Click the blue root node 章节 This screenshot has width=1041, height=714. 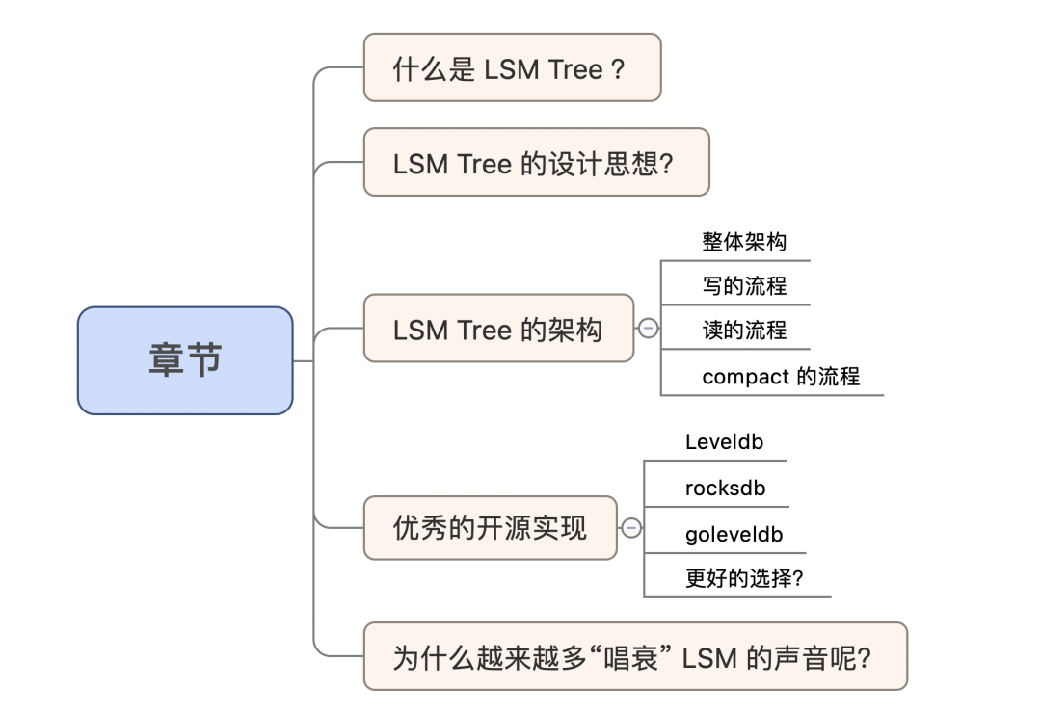(x=185, y=360)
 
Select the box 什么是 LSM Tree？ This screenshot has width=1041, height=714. (x=512, y=67)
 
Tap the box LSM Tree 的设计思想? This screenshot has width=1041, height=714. (x=536, y=162)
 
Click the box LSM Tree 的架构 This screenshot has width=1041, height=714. (x=498, y=329)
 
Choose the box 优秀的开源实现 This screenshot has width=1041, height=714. (x=490, y=527)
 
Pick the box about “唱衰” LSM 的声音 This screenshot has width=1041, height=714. (x=634, y=657)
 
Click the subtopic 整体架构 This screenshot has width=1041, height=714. (x=744, y=241)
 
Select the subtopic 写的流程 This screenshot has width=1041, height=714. (x=744, y=285)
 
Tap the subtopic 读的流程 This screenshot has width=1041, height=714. (x=744, y=330)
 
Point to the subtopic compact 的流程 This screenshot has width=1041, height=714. (x=780, y=376)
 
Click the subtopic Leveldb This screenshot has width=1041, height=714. (x=723, y=442)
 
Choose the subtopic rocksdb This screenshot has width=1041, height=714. (x=725, y=488)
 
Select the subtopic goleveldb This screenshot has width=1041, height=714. (x=734, y=534)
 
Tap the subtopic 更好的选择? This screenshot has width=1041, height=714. (x=744, y=578)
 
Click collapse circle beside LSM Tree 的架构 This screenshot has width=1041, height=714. (x=648, y=329)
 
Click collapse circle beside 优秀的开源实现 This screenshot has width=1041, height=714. (x=631, y=528)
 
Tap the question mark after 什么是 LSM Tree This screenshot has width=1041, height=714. (x=619, y=68)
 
